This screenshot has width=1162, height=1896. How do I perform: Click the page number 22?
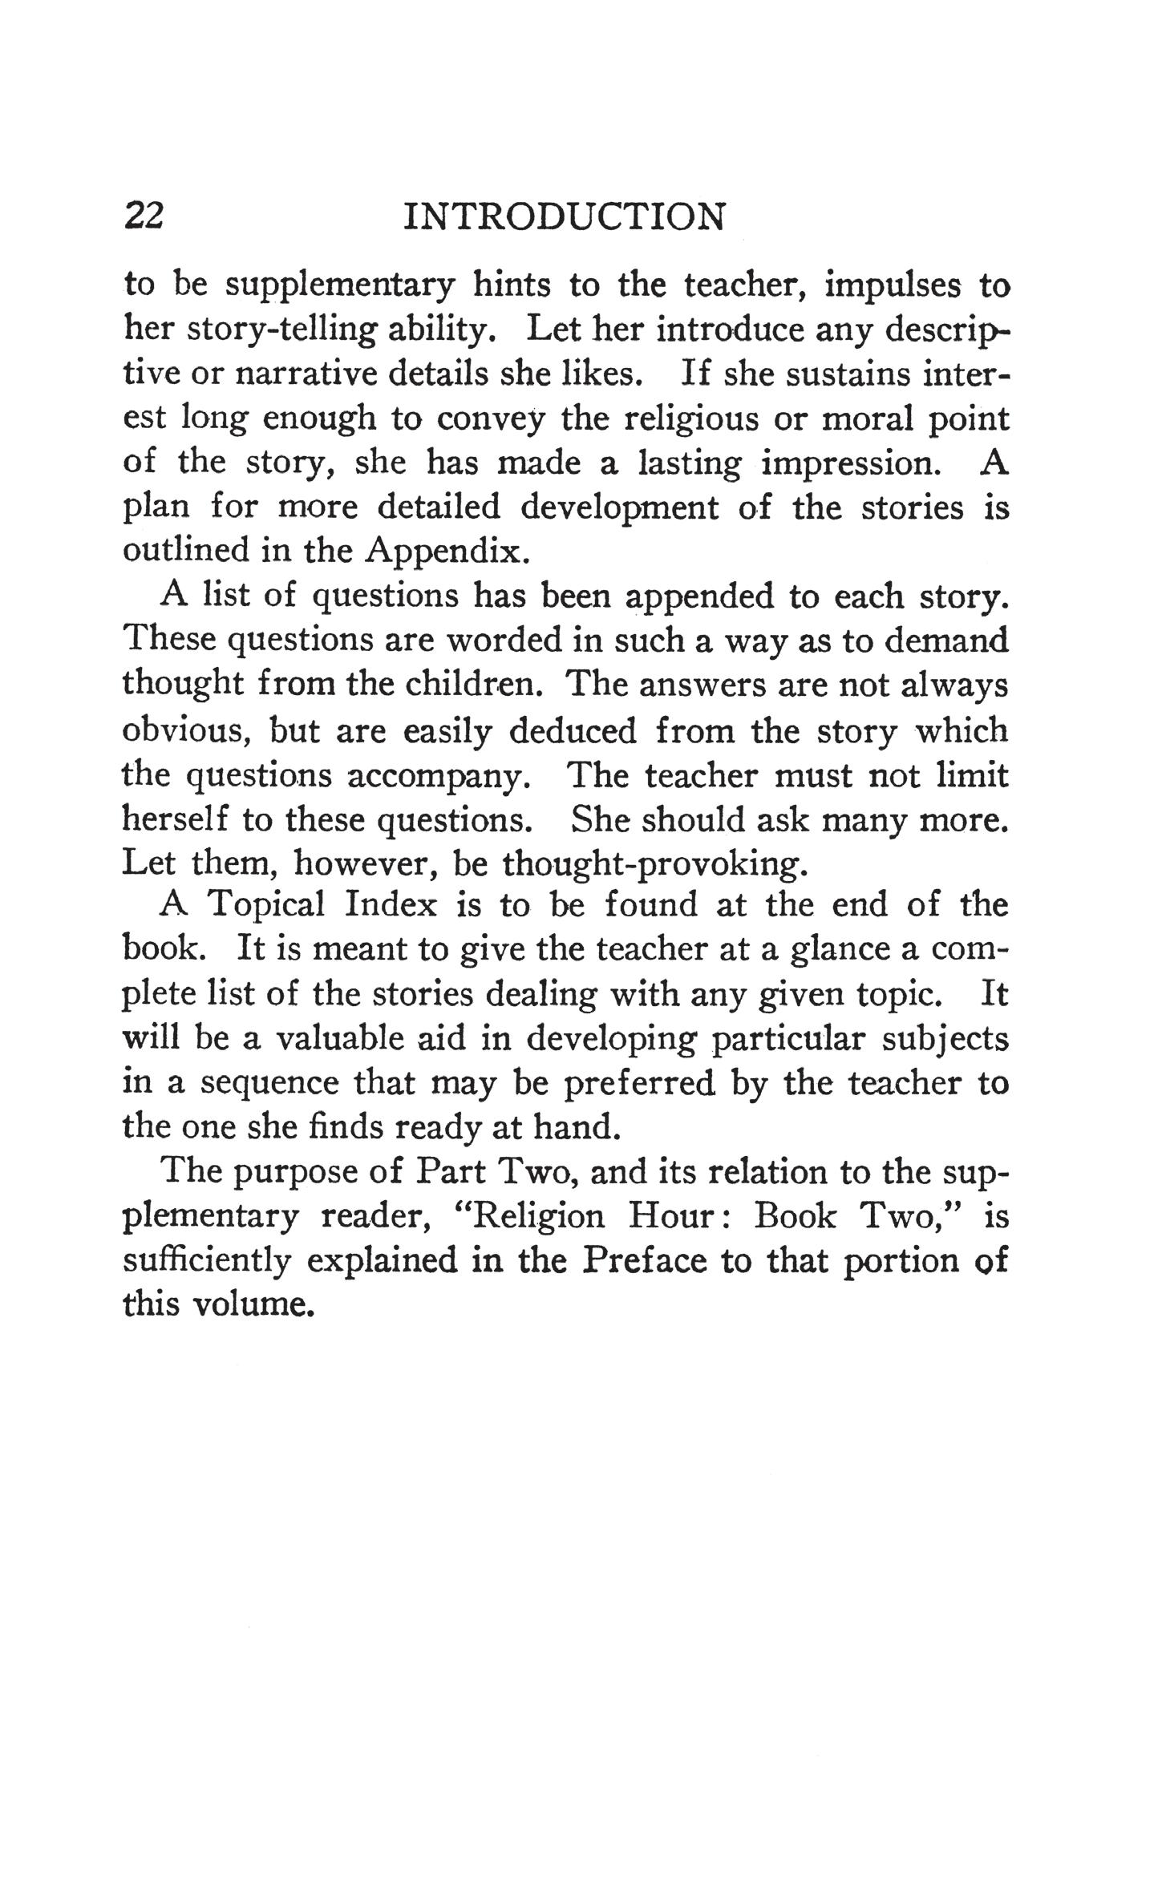click(145, 216)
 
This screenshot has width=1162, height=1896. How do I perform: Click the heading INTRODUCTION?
click(564, 216)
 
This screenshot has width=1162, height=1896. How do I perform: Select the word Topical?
click(266, 906)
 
